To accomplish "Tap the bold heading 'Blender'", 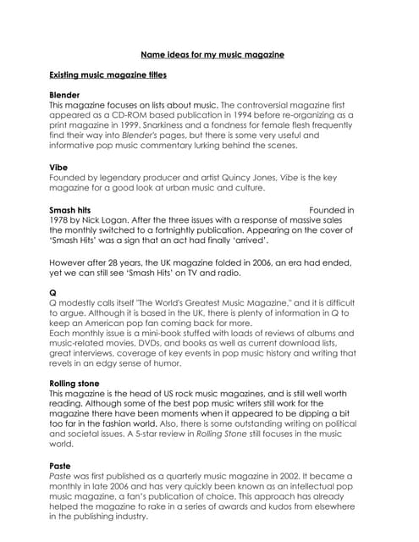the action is coord(64,95).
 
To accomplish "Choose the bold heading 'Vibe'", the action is coord(58,168).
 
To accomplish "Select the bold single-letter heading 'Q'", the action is coord(53,293).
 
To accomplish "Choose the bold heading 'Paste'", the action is coord(59,465).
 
